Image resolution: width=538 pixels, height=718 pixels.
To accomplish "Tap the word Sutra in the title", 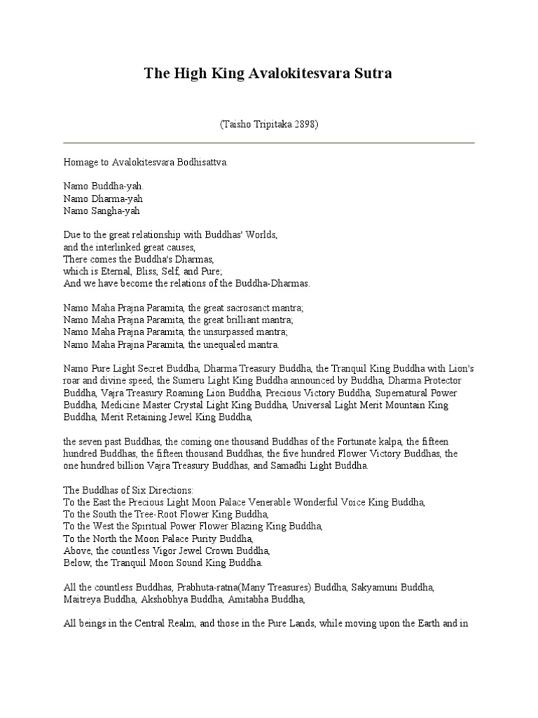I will coord(371,74).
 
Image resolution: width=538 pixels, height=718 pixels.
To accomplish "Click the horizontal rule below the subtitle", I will coord(269,143).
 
